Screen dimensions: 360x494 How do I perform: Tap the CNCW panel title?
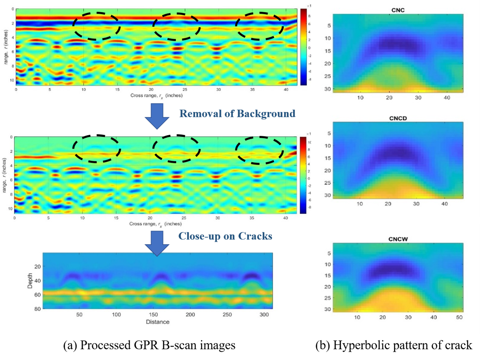[x=397, y=238]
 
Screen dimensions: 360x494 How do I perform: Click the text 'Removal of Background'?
[x=237, y=113]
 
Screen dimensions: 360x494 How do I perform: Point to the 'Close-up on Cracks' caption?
[x=225, y=236]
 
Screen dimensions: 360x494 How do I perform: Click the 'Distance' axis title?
[x=157, y=322]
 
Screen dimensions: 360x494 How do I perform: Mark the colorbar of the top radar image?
[x=303, y=47]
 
